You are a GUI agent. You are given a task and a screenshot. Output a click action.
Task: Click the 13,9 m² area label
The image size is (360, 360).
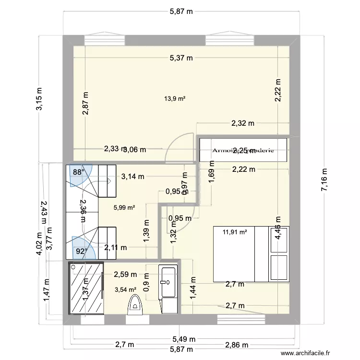pos(175,99)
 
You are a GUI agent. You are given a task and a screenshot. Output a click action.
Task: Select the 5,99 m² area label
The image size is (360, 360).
pos(124,208)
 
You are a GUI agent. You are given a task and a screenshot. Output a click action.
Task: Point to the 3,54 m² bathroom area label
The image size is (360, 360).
pos(126,289)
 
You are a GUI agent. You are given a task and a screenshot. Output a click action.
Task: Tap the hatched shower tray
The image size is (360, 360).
pos(86,288)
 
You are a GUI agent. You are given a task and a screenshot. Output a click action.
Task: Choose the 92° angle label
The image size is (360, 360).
pos(80,251)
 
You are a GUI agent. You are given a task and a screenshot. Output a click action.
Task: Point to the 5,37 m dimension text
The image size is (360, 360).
pos(181,59)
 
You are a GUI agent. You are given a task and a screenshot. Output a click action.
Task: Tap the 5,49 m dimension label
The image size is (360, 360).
pos(181,338)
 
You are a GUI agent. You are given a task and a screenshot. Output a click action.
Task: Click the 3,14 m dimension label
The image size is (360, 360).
pos(132,176)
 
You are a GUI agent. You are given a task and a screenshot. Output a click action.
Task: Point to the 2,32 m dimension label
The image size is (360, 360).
pos(243,123)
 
